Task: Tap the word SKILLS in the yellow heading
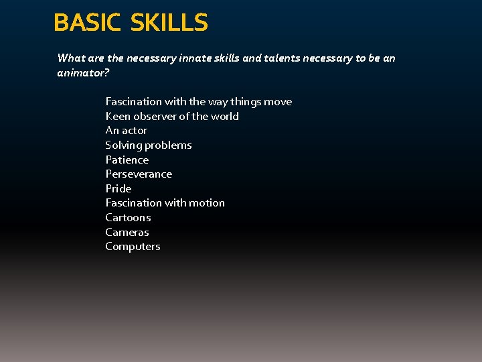click(169, 23)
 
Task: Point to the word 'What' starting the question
click(70, 58)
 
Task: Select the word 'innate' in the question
click(201, 58)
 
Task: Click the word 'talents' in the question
click(281, 58)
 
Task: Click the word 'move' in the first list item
click(278, 102)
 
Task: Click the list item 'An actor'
click(127, 131)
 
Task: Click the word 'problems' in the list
click(169, 145)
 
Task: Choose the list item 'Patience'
click(127, 160)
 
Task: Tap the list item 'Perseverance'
click(139, 174)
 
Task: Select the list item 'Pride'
click(118, 188)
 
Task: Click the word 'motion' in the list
click(206, 203)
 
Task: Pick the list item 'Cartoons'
click(129, 218)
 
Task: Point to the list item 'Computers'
click(133, 247)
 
